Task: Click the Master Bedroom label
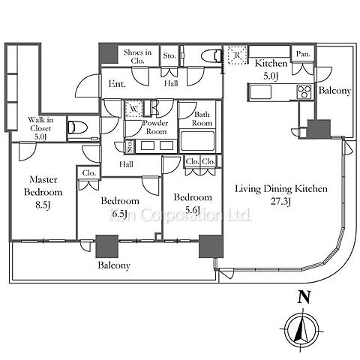43,186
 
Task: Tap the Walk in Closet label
40,124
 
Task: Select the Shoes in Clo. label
137,56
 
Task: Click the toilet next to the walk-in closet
77,127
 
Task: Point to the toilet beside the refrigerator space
211,55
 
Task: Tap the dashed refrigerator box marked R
237,55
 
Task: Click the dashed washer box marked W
134,109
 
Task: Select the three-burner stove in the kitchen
304,91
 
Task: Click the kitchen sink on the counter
261,92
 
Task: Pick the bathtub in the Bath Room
197,141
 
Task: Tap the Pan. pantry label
303,54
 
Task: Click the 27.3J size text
280,202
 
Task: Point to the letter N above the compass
304,297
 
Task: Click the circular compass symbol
302,328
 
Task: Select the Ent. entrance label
117,84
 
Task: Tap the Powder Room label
155,127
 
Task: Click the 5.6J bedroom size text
192,210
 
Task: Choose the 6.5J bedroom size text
120,214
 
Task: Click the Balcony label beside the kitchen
334,91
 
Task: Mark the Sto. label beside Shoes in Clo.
169,55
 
